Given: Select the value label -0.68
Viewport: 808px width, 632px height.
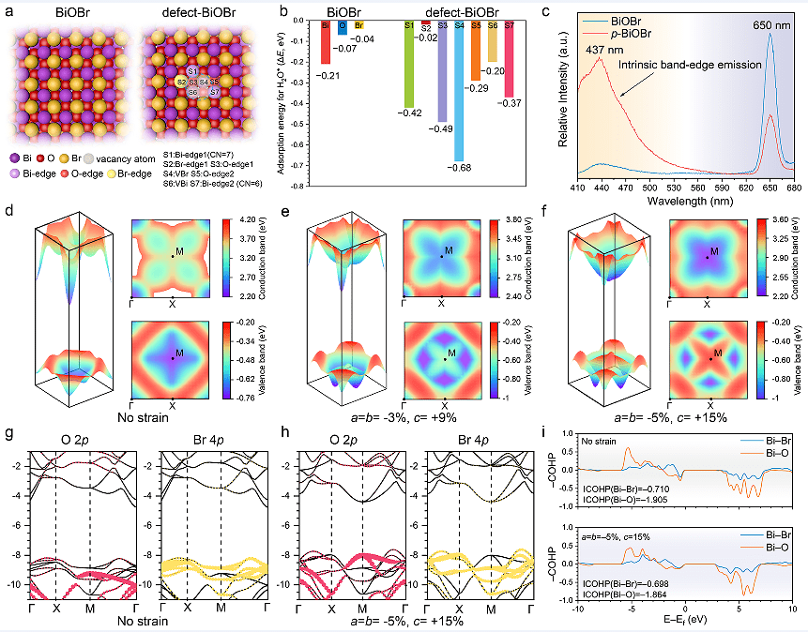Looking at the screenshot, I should (459, 168).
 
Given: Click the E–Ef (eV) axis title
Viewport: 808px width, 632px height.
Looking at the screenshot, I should (682, 621).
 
